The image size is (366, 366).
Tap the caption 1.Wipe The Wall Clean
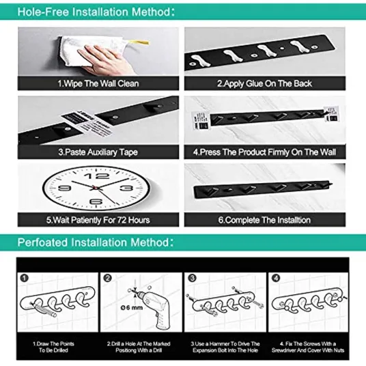98,83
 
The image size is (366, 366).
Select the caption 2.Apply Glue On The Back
264,83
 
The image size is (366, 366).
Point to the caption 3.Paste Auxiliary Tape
98,152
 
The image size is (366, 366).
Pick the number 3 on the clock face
127,188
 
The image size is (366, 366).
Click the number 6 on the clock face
96,201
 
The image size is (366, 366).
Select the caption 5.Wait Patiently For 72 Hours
98,220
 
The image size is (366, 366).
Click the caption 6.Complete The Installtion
264,220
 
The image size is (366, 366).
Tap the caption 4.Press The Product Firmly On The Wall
264,152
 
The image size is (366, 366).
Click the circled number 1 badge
25,278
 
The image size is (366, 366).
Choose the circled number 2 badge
107,278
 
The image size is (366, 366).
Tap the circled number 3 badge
192,278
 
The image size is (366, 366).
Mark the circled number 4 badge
276,278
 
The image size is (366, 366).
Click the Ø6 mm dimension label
132,308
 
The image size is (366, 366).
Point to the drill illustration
154,308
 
